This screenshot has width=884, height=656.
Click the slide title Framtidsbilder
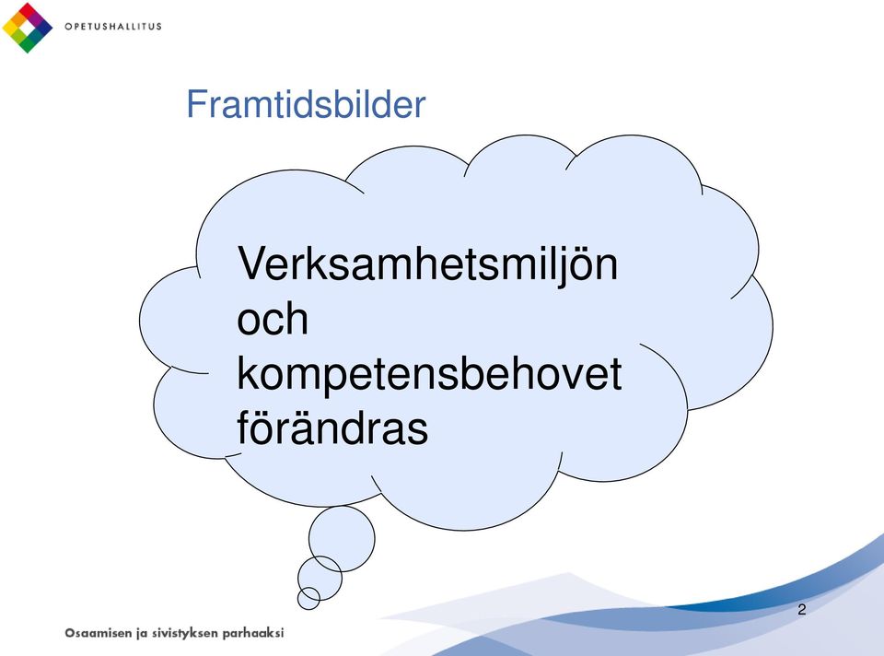pos(306,104)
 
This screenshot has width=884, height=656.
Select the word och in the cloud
pos(273,320)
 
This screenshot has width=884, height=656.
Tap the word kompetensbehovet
pos(429,375)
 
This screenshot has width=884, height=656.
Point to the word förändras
pos(332,428)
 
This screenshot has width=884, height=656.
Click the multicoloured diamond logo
pos(27,28)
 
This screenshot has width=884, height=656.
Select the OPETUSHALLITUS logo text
pos(113,27)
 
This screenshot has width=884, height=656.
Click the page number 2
pos(802,609)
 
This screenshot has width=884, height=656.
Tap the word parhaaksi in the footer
pos(253,634)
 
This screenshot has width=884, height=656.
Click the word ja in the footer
pos(142,634)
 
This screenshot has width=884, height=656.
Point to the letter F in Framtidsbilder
pos(195,104)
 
